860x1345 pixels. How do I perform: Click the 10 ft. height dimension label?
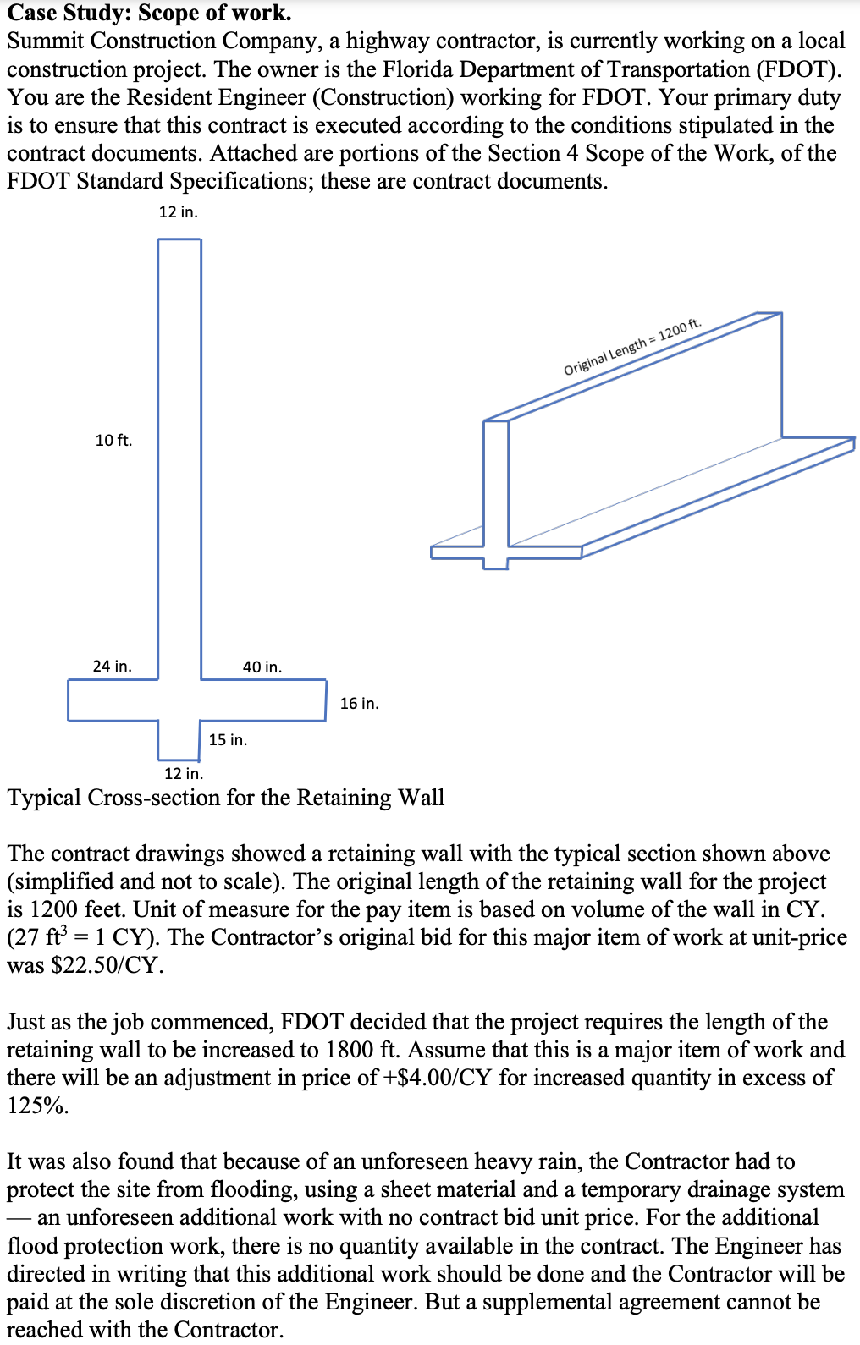(113, 440)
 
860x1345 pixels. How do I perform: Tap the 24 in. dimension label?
(112, 666)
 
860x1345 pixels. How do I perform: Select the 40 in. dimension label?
(262, 667)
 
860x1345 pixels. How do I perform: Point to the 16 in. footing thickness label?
(359, 703)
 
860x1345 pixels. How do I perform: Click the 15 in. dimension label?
(228, 739)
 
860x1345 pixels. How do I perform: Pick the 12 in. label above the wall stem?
(178, 211)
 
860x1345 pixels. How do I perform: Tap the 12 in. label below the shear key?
(183, 773)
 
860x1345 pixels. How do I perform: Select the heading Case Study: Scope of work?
(149, 13)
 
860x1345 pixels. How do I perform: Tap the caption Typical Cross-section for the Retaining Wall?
(225, 798)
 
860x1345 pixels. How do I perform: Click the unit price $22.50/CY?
(106, 965)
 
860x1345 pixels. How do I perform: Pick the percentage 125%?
(38, 1106)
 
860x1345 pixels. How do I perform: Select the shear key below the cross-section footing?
(179, 740)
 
